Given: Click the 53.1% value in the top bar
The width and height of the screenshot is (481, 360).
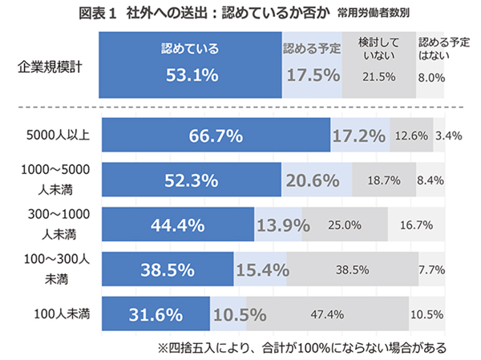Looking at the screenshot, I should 192,75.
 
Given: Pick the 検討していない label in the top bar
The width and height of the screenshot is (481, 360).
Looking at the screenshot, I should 379,49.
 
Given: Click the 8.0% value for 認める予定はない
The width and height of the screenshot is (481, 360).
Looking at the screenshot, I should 431,77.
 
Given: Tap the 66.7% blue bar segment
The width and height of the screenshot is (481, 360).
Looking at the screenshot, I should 216,136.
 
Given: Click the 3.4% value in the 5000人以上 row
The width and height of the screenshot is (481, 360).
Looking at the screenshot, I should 448,136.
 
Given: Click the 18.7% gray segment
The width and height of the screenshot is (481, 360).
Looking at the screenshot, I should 384,180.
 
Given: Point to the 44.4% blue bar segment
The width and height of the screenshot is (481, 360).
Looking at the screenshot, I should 178,225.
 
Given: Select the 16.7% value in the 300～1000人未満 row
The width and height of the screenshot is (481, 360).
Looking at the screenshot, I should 416,225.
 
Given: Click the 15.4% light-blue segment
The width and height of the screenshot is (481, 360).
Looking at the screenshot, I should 261,270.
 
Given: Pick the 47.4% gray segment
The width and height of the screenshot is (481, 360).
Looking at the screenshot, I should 326,314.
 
